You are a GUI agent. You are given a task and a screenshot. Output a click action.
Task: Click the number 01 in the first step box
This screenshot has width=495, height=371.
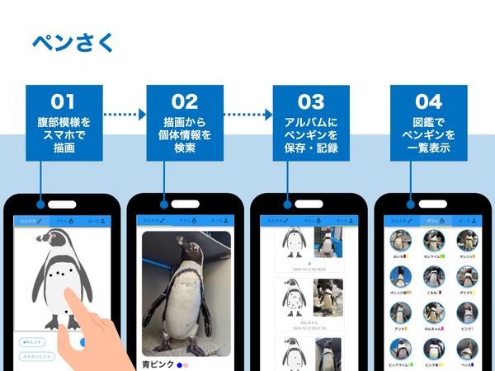(x=64, y=102)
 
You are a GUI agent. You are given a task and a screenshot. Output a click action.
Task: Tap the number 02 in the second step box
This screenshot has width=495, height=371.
(x=186, y=102)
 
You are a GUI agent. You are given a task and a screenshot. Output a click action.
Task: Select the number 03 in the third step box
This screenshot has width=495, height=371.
(x=311, y=102)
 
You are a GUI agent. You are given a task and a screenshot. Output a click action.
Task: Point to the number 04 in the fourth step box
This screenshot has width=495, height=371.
(x=429, y=102)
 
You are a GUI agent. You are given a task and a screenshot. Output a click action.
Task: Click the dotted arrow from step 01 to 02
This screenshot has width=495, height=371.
(x=125, y=115)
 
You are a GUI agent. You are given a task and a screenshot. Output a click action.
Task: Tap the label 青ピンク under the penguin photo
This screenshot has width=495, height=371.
(x=158, y=363)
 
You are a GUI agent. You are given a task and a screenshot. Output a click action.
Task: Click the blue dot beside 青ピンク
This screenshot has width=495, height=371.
(x=179, y=364)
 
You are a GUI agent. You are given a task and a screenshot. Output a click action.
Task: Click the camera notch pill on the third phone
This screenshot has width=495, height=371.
(x=309, y=204)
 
